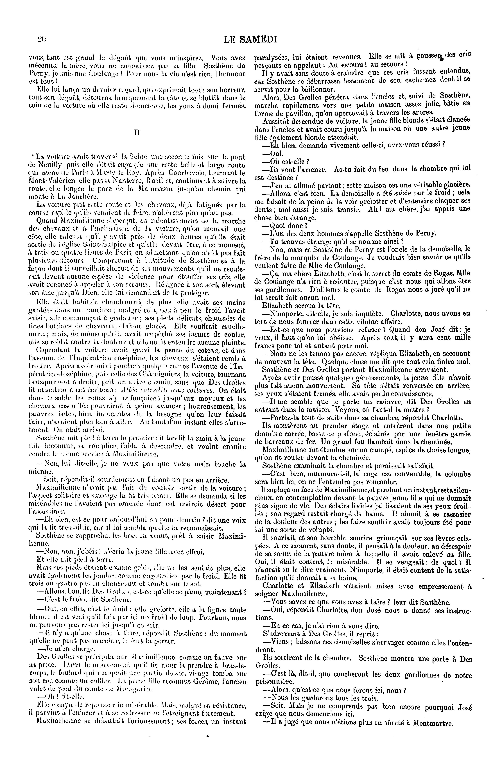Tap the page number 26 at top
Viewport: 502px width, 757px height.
[x=42, y=39]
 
